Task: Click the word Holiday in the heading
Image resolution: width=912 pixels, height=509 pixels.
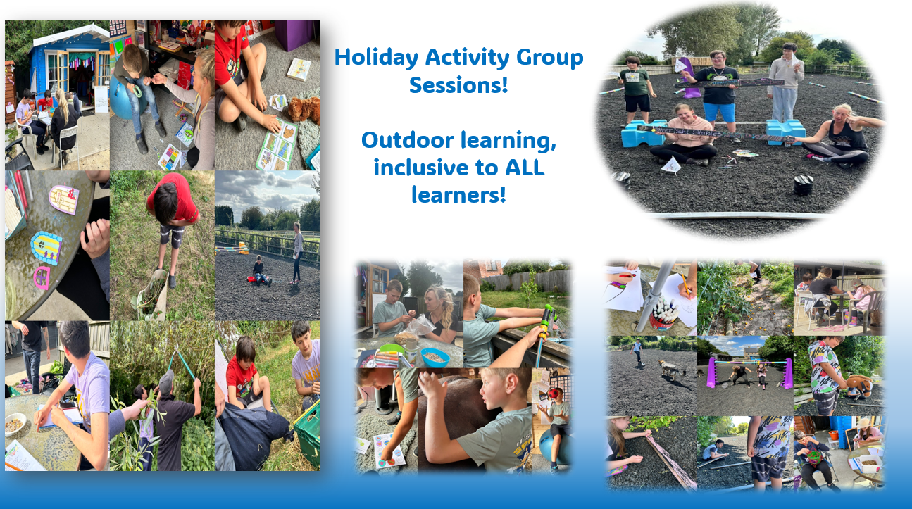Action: click(376, 58)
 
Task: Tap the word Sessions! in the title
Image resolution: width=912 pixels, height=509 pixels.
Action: click(458, 84)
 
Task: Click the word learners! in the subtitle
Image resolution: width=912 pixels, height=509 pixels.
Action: click(458, 195)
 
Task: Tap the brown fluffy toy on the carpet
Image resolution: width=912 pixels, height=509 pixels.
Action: click(304, 108)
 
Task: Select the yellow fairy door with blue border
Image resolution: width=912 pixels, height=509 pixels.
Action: click(46, 247)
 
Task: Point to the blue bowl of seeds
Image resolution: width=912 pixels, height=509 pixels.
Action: click(435, 358)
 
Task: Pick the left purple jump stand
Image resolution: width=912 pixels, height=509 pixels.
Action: click(711, 372)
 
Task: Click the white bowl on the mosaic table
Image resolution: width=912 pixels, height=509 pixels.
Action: click(15, 425)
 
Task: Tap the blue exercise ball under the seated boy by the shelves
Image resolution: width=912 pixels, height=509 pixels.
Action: click(122, 101)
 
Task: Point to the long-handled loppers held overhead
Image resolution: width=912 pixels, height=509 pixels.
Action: click(179, 361)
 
